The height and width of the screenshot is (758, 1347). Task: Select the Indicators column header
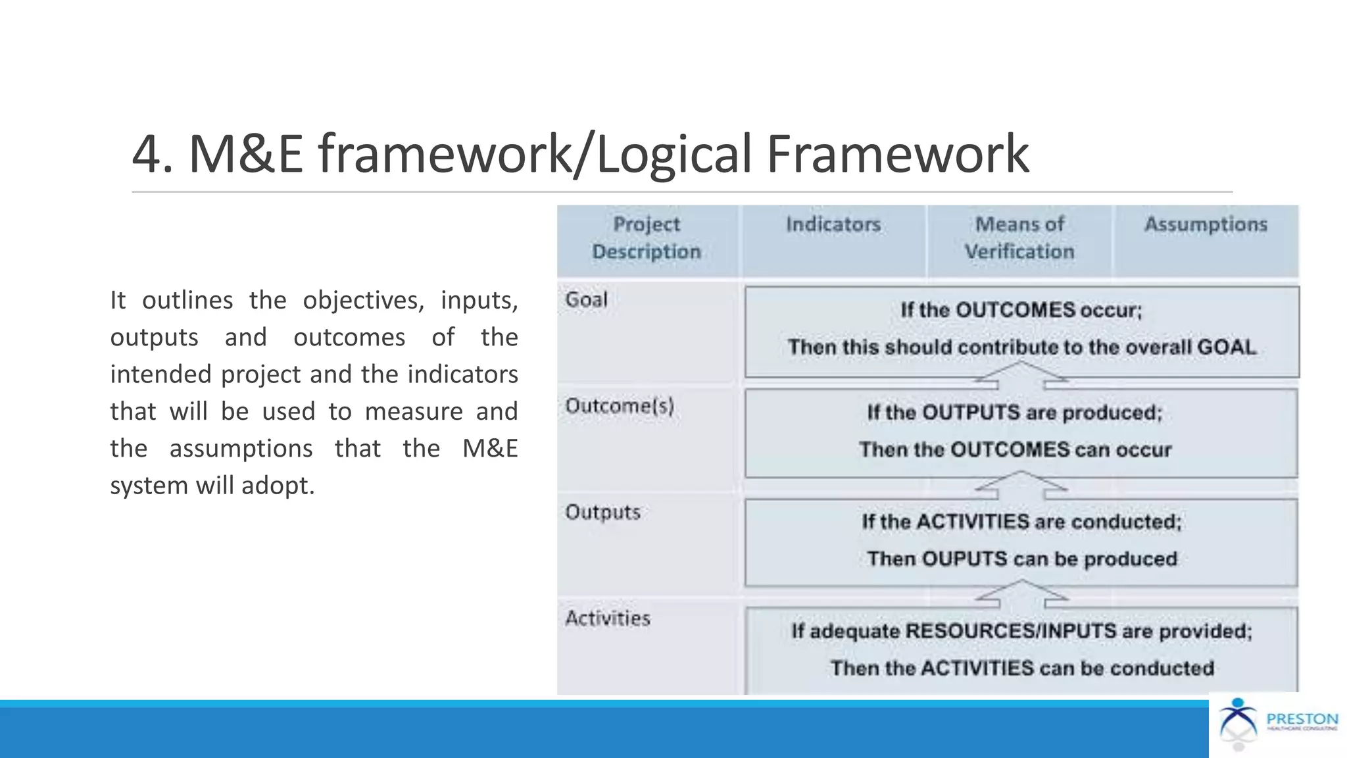pos(833,224)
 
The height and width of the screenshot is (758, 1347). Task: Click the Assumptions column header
pos(1206,224)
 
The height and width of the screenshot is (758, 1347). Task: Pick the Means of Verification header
pos(1019,238)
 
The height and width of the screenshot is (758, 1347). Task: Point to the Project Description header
pos(647,238)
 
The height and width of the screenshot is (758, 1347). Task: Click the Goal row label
pos(586,300)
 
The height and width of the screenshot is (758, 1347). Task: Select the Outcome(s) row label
pos(620,406)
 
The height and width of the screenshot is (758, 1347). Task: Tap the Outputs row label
pos(602,512)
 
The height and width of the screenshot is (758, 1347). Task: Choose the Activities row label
pos(608,619)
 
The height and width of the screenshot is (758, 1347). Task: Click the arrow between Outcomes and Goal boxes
pos(1021,374)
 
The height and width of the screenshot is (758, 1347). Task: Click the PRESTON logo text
pos(1302,719)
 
